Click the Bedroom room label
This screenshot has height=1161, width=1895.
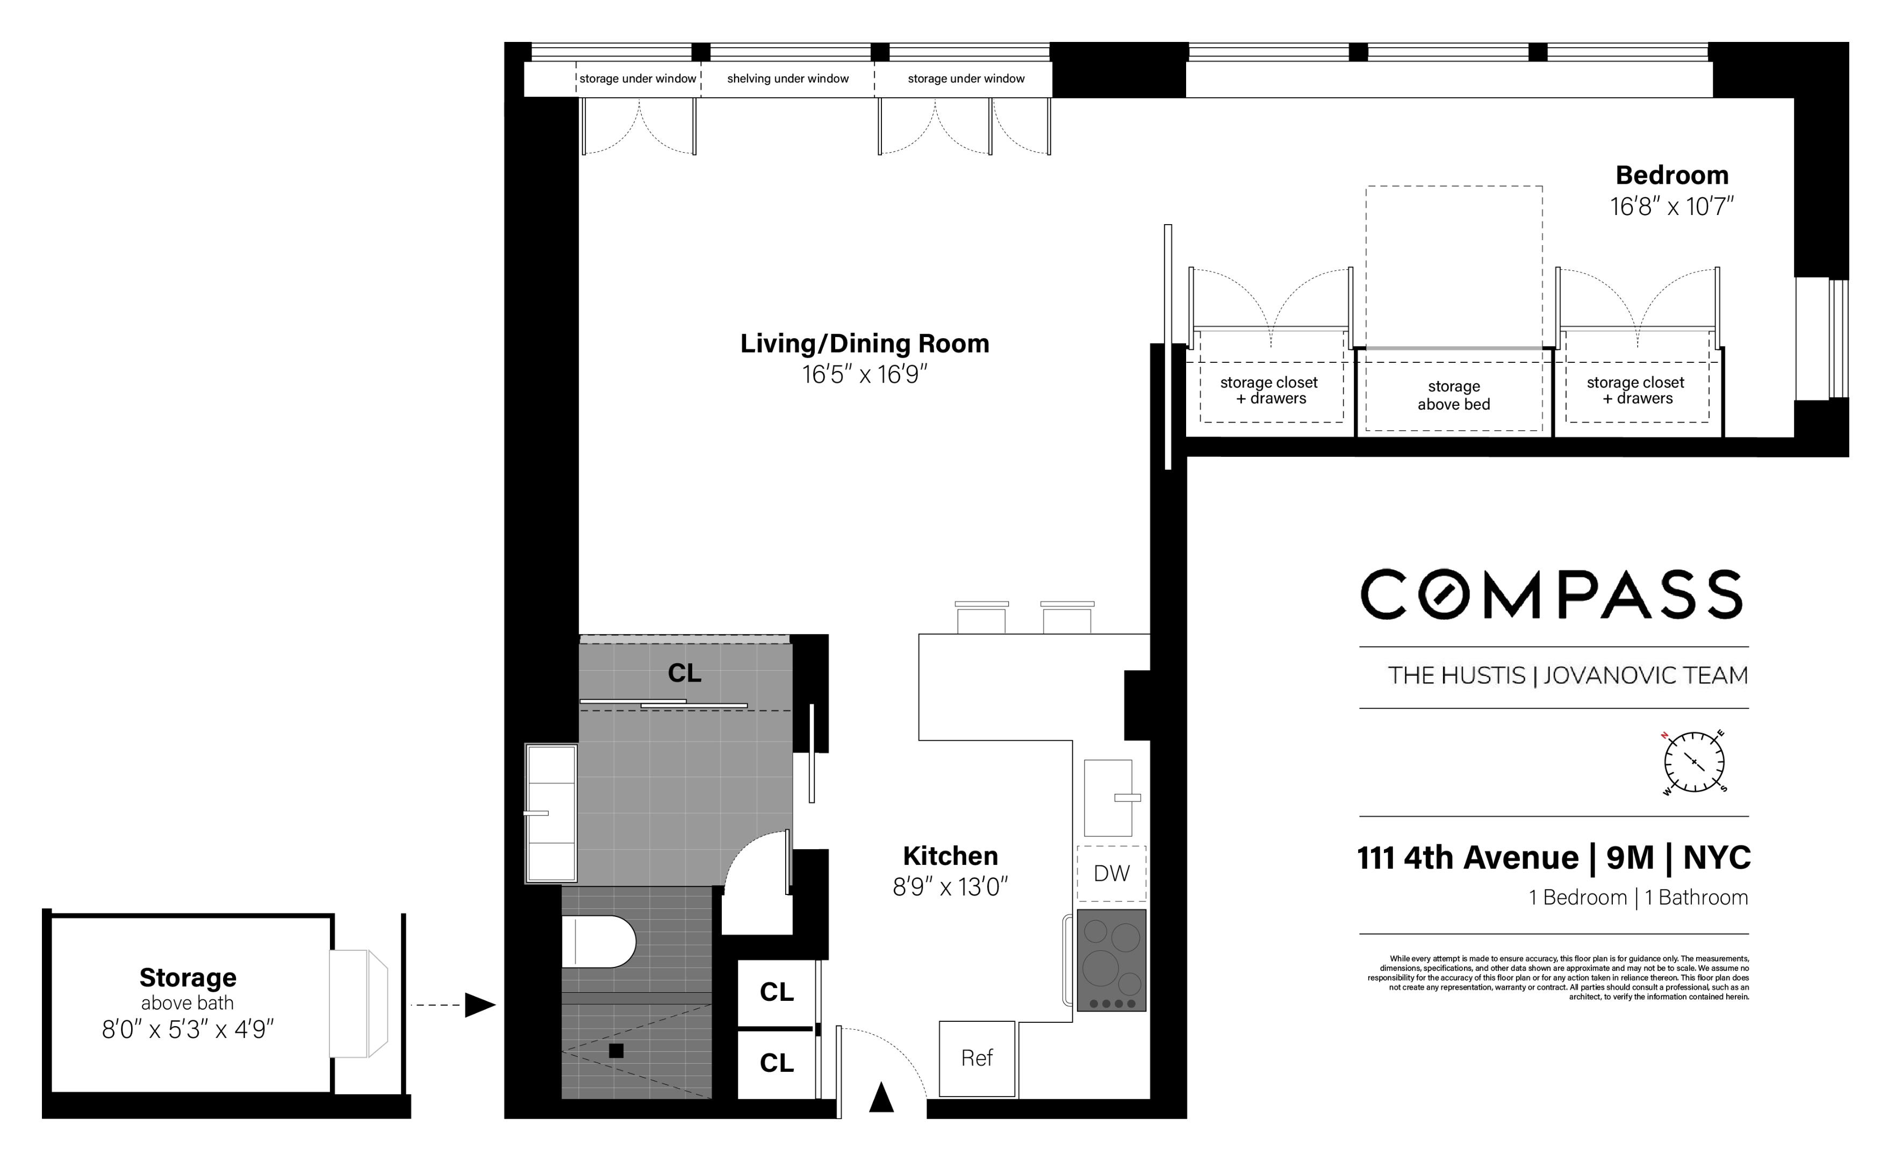(x=1671, y=175)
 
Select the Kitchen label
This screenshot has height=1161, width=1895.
(x=950, y=856)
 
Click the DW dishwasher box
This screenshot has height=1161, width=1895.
(x=1111, y=873)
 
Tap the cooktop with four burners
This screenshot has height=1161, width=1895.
(x=1111, y=959)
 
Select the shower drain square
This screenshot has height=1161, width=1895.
(x=616, y=1050)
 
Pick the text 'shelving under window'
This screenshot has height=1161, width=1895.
(x=787, y=78)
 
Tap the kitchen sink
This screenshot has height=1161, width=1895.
(x=1108, y=798)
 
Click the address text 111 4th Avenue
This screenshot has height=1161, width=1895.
(x=1467, y=858)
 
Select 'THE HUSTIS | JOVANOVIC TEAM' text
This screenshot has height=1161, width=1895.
(x=1567, y=676)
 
